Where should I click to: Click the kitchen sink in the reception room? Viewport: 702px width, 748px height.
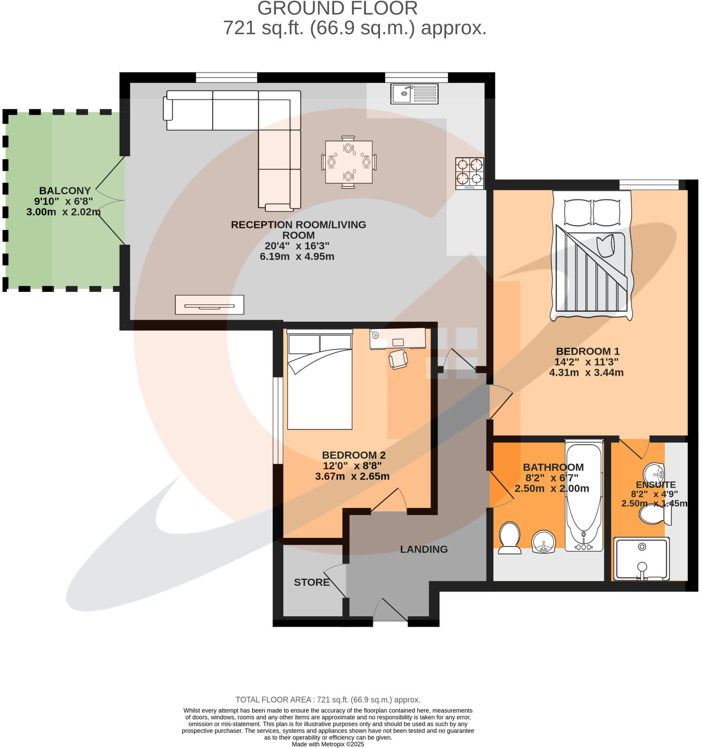coord(414,93)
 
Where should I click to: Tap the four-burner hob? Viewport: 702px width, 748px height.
coord(469,173)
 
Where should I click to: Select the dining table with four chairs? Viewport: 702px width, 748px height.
coord(348,162)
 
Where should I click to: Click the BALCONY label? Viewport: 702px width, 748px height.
coord(65,191)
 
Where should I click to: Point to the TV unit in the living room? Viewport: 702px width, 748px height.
coord(209,305)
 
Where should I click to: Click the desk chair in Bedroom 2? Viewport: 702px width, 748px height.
coord(398,359)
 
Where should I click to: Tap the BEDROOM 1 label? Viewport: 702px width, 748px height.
coord(587,351)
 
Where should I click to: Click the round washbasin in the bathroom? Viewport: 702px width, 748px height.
coord(543,542)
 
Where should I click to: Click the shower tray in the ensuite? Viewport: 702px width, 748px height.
coord(641,559)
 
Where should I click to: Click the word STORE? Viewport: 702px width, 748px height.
coord(312,582)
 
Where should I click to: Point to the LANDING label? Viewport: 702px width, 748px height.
coord(424,549)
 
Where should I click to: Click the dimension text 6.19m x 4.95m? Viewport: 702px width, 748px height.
coord(297,256)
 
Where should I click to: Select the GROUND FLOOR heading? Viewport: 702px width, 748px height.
coord(337,9)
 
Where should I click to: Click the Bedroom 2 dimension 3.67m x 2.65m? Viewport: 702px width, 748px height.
coord(352,476)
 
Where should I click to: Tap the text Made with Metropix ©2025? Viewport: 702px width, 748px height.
coord(328,744)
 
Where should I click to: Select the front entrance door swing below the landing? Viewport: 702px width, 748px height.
coord(390,611)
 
